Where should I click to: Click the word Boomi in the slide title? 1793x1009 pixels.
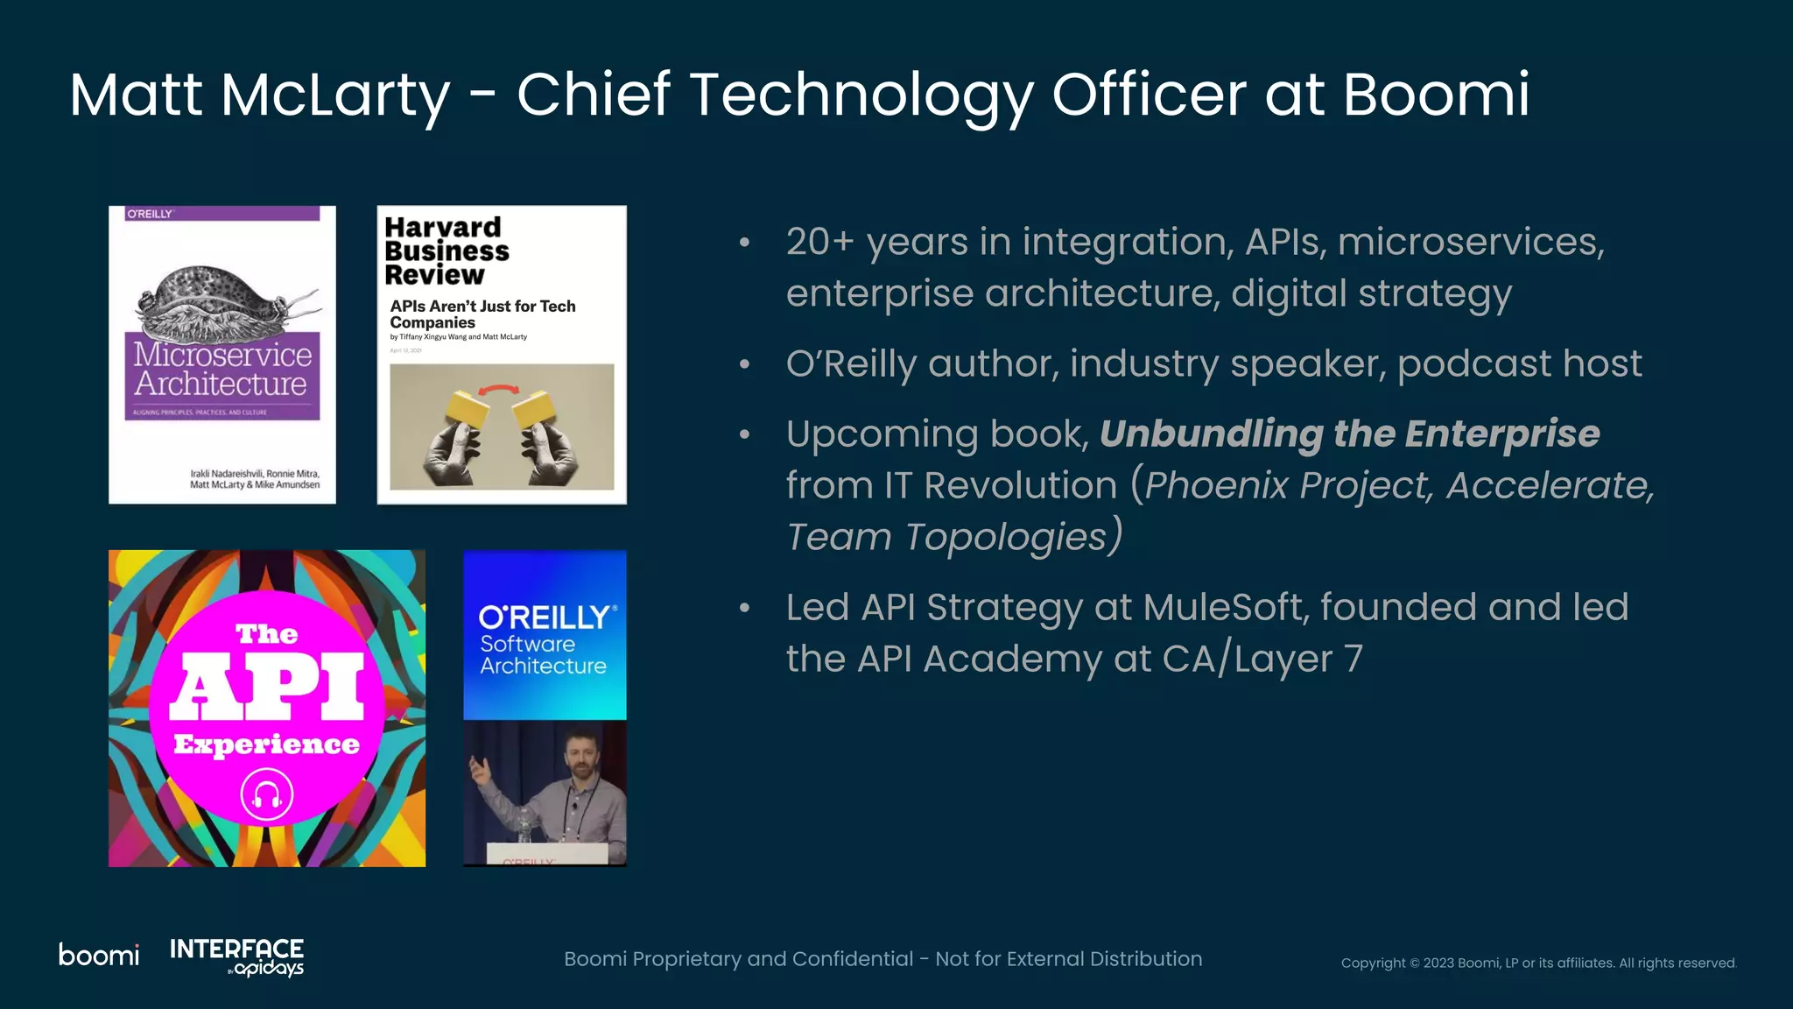1436,95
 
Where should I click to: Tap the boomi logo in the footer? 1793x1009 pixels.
99,955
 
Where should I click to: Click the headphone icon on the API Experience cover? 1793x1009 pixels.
266,795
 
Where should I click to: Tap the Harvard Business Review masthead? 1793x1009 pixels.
446,251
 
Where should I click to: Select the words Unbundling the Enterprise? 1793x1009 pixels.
1349,434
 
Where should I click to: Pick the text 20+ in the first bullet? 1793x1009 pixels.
819,243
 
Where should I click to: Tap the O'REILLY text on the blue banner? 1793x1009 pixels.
544,617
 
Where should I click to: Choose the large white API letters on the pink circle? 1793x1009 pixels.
266,686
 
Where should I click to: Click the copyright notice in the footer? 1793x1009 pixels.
1537,963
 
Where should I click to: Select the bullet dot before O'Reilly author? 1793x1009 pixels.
744,364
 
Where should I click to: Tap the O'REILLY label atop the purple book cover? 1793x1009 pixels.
150,214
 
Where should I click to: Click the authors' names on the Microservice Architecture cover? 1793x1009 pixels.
255,479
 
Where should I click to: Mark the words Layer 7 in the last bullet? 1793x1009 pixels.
1298,660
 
